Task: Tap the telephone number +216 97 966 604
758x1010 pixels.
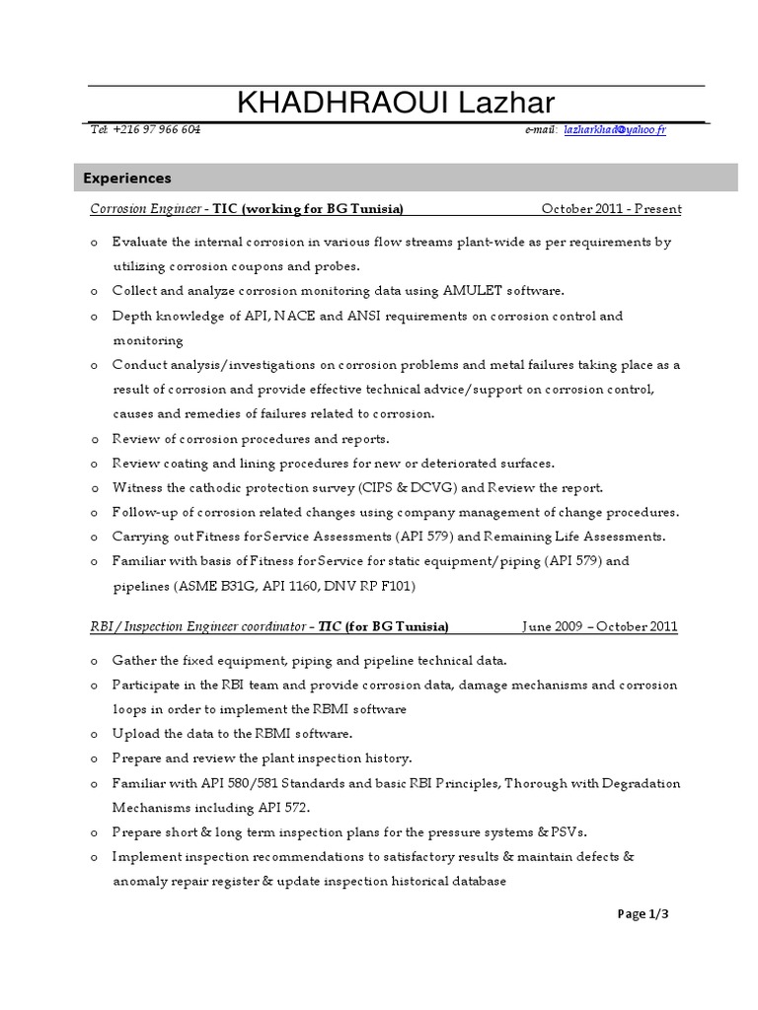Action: click(158, 130)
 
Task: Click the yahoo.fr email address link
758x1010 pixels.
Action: click(614, 130)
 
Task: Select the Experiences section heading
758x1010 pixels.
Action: click(127, 179)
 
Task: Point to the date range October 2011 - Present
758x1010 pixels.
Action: click(611, 209)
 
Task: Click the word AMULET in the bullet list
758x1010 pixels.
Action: click(474, 291)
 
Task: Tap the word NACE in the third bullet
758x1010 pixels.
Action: click(295, 316)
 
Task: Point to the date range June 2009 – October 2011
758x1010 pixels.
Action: click(600, 627)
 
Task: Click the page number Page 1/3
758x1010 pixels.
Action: click(644, 914)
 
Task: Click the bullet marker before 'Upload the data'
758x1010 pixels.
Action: click(93, 735)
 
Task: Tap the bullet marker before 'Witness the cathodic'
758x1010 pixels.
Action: click(93, 488)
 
